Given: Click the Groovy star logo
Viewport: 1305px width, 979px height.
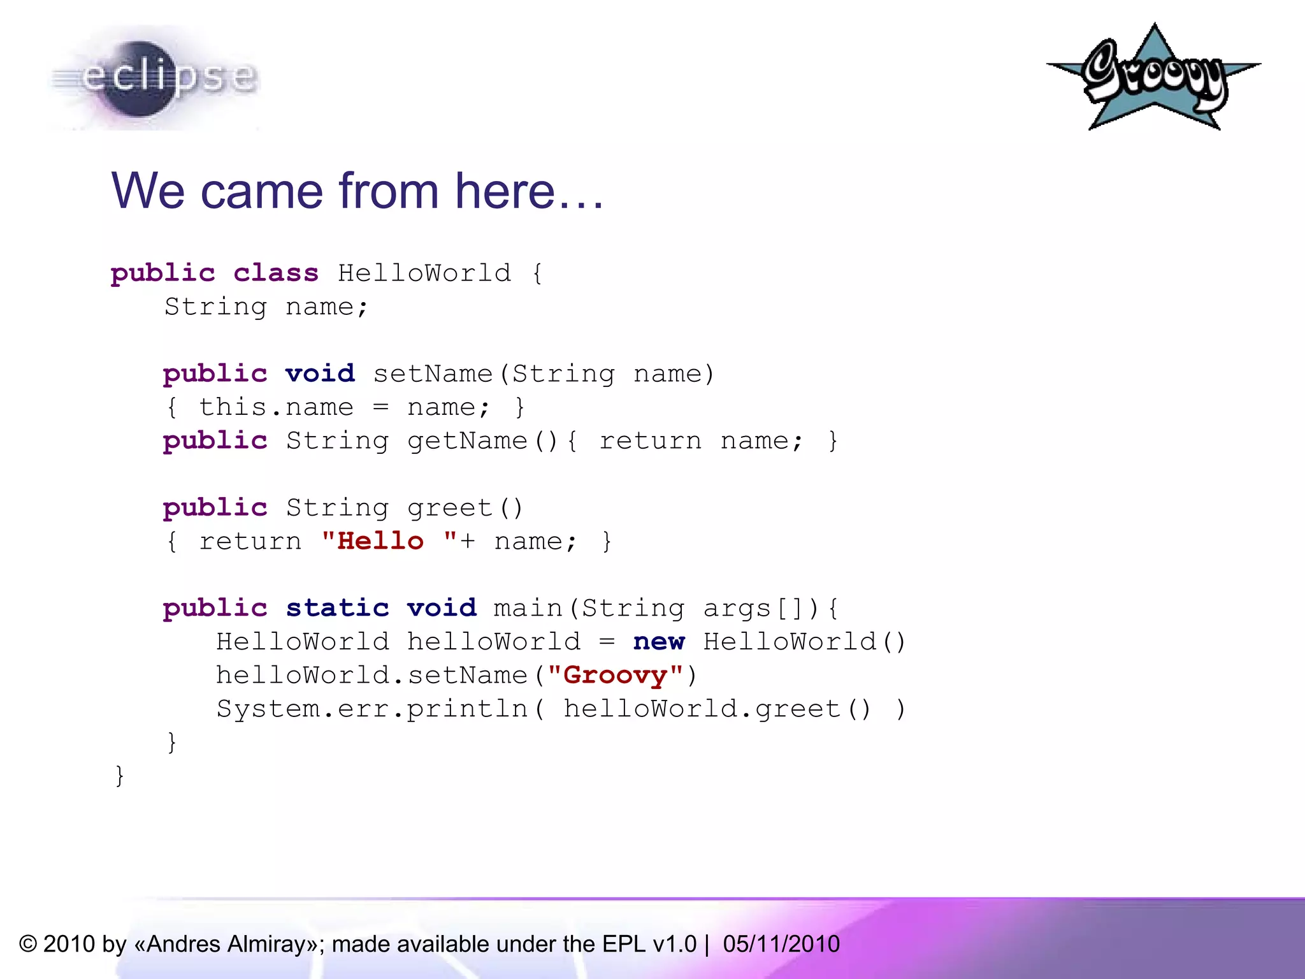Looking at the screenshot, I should click(x=1153, y=78).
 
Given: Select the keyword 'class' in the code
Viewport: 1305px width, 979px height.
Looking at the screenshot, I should click(x=275, y=273).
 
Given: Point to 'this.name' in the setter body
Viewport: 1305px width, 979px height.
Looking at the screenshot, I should click(x=276, y=407).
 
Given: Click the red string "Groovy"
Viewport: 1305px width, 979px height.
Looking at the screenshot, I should click(x=616, y=676).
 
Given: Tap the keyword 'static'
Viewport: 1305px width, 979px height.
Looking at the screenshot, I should click(x=337, y=608).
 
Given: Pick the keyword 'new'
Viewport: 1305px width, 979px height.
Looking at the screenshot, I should click(x=659, y=642).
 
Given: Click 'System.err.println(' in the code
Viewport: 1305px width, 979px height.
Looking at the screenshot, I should click(x=380, y=709).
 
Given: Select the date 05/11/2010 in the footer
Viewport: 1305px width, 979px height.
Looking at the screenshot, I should click(x=781, y=944).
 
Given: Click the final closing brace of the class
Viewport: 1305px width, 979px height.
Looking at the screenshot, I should click(x=119, y=776).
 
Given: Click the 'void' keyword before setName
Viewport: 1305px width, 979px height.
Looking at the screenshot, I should click(x=319, y=374).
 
